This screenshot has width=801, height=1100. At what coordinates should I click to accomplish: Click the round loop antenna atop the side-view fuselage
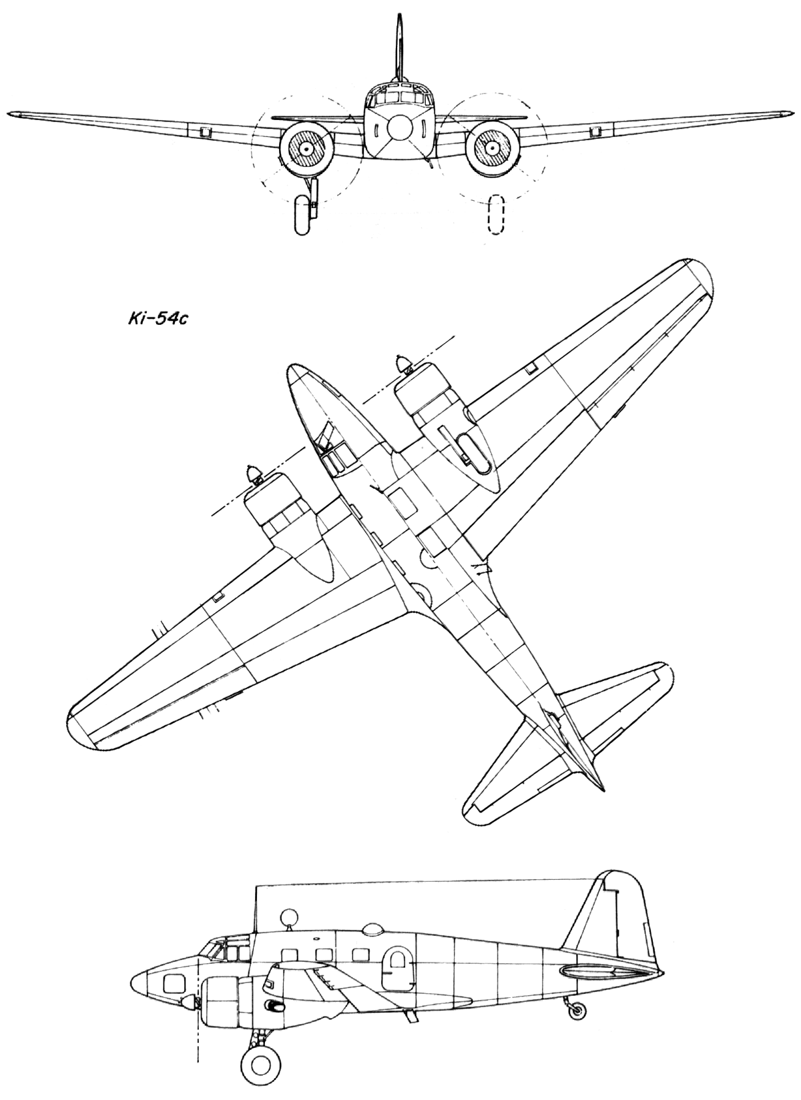click(x=288, y=892)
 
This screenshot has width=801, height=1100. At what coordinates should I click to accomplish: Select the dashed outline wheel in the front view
click(x=496, y=214)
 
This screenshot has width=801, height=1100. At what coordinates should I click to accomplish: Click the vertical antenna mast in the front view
click(x=400, y=47)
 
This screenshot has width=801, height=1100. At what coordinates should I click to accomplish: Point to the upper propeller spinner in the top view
click(x=403, y=364)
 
